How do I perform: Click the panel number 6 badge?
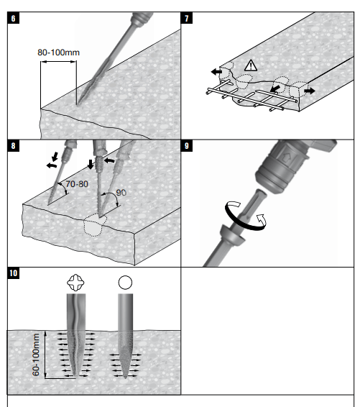[13, 18]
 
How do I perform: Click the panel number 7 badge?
[187, 18]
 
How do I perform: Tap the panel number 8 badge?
[13, 146]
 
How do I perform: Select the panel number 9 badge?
[187, 146]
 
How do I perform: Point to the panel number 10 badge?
[14, 273]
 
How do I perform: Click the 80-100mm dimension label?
[59, 52]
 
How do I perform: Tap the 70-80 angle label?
[77, 184]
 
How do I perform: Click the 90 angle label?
[121, 192]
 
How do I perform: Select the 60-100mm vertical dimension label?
[36, 355]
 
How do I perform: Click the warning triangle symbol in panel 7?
[251, 65]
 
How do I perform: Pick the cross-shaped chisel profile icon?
[75, 283]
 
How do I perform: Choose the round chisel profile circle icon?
[125, 283]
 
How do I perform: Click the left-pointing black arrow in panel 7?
[216, 72]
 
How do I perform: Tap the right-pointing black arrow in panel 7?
[310, 91]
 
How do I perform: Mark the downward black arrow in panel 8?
[91, 164]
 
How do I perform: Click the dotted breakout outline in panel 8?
[95, 224]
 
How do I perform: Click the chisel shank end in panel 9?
[260, 193]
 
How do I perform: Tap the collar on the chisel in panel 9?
[232, 234]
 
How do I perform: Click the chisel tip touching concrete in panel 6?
[77, 104]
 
